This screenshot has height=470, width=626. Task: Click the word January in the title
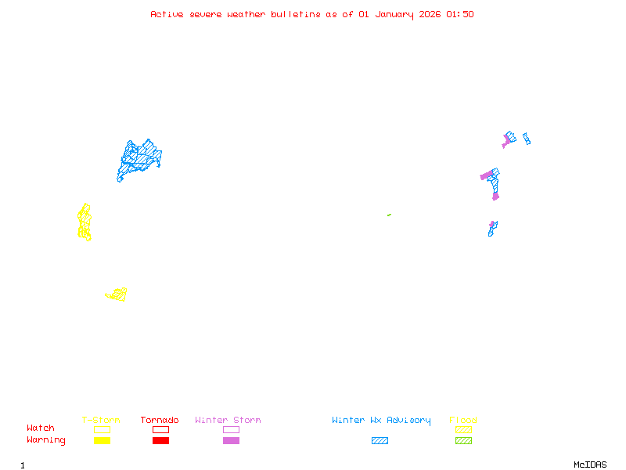click(392, 14)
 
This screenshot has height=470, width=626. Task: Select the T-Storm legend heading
click(101, 421)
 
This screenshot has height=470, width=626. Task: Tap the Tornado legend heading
click(160, 421)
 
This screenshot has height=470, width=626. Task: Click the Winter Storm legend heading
click(228, 421)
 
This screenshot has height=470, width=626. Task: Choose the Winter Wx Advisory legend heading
click(381, 421)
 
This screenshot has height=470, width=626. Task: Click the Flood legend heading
click(463, 421)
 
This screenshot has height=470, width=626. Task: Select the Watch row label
click(41, 428)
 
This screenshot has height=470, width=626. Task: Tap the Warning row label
click(46, 440)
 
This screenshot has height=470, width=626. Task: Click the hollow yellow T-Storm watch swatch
click(102, 429)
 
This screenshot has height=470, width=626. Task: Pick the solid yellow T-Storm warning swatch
click(102, 441)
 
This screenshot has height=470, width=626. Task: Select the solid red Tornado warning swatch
click(160, 441)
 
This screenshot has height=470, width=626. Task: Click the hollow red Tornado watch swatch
click(160, 429)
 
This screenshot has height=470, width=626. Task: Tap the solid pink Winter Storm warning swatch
click(231, 441)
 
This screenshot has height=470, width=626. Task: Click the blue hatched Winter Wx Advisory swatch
click(380, 441)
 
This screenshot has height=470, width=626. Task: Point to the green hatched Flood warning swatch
click(463, 441)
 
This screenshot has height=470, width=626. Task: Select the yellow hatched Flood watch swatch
click(463, 429)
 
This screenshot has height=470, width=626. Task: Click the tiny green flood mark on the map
click(389, 215)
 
